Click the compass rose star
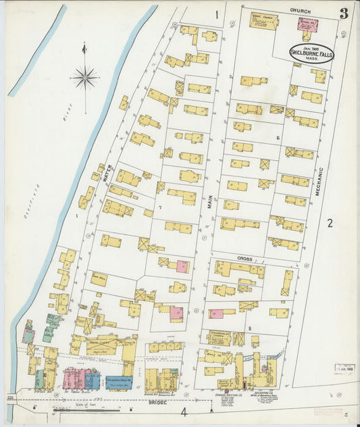coord(84,78)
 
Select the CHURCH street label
coord(300,11)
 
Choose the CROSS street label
coord(244,259)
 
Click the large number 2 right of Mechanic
coord(330,224)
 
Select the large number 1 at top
coord(217,14)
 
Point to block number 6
coord(277,138)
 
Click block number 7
coord(160,207)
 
